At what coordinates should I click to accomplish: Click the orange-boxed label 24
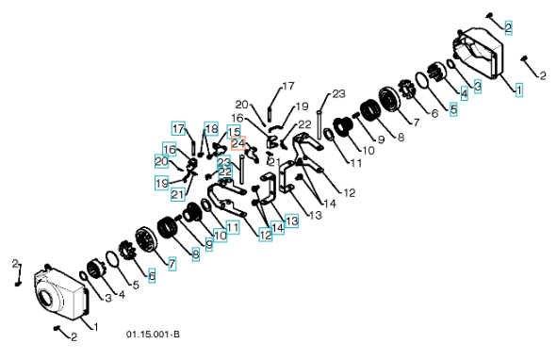tap(238, 143)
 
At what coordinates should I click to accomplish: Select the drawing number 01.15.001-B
tap(153, 335)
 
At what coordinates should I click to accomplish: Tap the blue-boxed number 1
tap(519, 90)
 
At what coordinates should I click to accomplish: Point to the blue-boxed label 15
tap(234, 132)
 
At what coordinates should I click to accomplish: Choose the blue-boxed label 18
tap(211, 129)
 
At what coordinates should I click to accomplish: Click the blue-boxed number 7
tap(172, 264)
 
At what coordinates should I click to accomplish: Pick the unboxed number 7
tap(417, 122)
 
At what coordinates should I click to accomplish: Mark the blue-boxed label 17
tap(178, 128)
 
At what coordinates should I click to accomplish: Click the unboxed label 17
tap(288, 86)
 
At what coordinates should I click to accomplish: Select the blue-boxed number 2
tap(508, 27)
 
